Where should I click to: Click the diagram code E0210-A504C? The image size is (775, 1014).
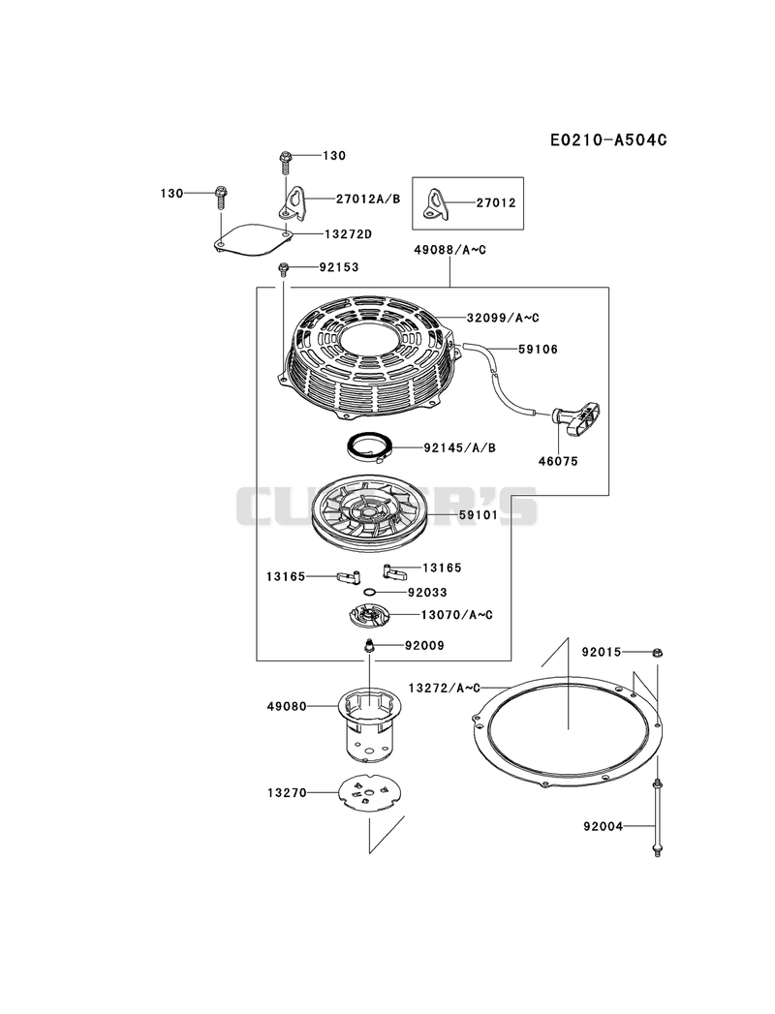pos(608,139)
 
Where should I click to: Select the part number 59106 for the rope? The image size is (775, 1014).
pos(538,350)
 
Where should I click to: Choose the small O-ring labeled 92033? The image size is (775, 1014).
pos(369,592)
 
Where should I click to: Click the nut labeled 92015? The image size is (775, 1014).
pos(657,652)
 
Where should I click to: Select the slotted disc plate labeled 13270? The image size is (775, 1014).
pos(368,792)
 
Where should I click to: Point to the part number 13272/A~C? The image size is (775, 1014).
pos(444,687)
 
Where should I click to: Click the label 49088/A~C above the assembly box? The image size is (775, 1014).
pos(449,250)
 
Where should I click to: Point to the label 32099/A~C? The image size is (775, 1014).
pos(503,318)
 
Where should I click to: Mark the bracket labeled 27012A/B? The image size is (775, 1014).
pos(292,201)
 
